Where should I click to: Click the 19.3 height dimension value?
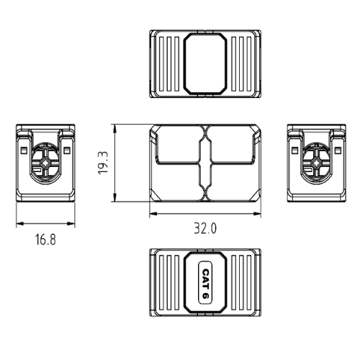[104, 163]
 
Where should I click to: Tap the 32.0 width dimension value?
[205, 228]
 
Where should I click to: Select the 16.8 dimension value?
[45, 240]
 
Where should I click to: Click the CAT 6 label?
[205, 283]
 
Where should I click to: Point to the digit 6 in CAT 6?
[205, 295]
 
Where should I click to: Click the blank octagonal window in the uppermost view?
[205, 63]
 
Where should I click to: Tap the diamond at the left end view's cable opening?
[45, 163]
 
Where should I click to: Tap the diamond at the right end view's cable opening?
[317, 163]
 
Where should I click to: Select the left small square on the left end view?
[23, 150]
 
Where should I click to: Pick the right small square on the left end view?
[67, 150]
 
